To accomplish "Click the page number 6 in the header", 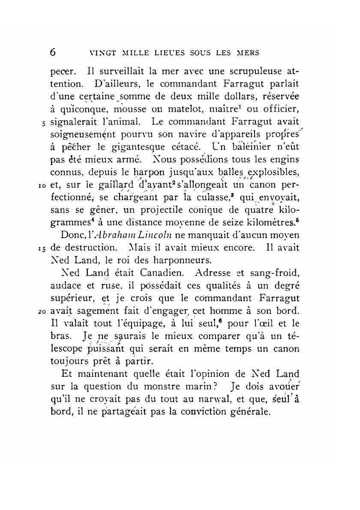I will pos(53,52).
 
